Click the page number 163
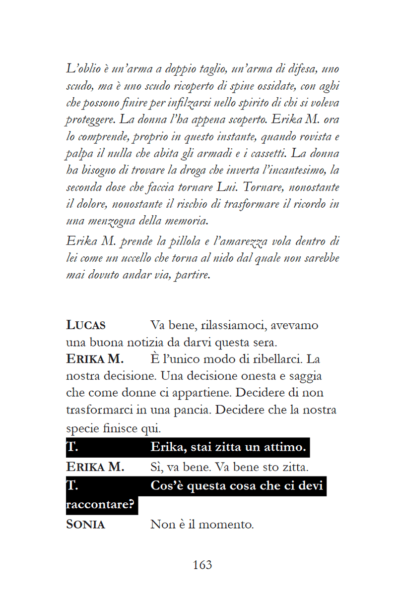click(202, 564)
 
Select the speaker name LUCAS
click(86, 326)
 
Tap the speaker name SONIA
click(85, 525)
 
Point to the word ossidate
click(276, 86)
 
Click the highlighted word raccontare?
click(101, 505)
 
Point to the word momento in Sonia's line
click(225, 525)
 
